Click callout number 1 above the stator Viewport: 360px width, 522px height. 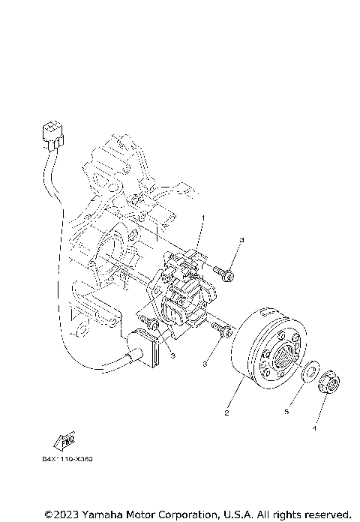click(x=201, y=217)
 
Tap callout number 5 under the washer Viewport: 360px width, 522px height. click(x=286, y=411)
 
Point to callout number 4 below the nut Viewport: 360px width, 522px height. click(x=315, y=428)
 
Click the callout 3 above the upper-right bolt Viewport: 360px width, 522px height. click(x=242, y=240)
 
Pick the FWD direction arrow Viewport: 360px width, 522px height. click(x=64, y=439)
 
